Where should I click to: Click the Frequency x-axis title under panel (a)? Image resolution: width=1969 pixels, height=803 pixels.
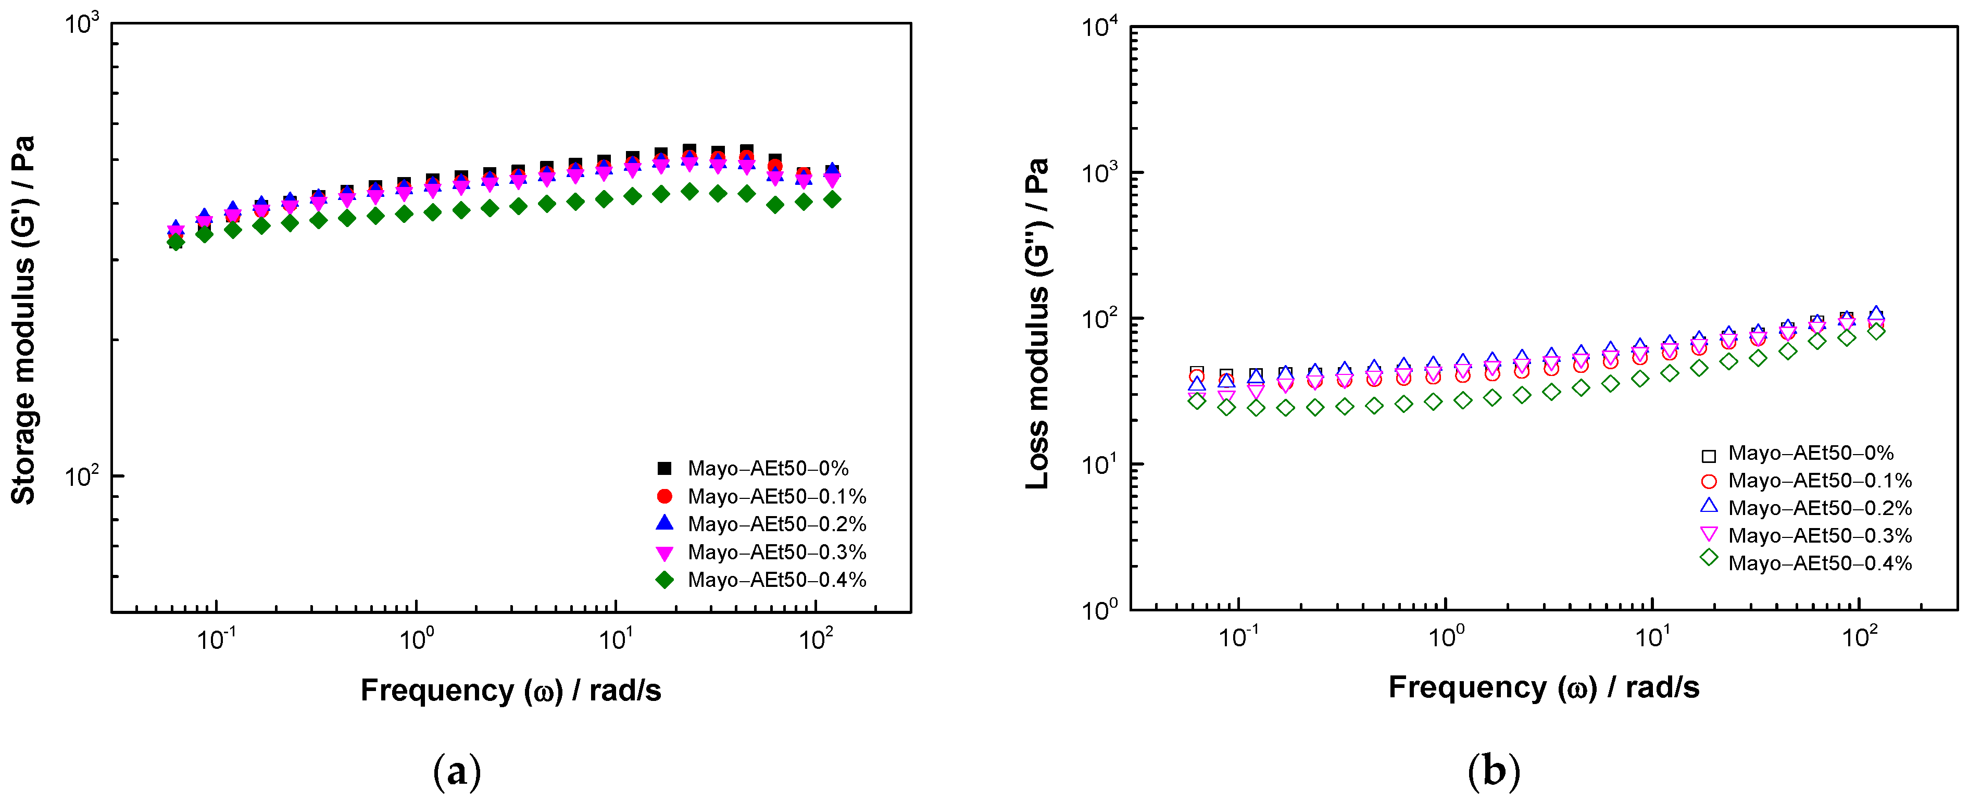[x=510, y=690]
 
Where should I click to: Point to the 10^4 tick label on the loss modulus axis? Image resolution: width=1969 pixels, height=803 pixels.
[x=1099, y=28]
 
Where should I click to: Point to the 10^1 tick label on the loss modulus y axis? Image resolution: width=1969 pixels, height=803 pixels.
[x=1099, y=464]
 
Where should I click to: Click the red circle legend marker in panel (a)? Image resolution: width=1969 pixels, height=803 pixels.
[x=664, y=497]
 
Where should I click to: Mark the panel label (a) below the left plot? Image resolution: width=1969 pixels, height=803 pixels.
[x=457, y=772]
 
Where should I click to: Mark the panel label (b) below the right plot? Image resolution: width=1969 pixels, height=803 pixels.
[x=1494, y=772]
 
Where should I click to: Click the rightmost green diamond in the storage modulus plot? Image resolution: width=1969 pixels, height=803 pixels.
[x=832, y=199]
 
